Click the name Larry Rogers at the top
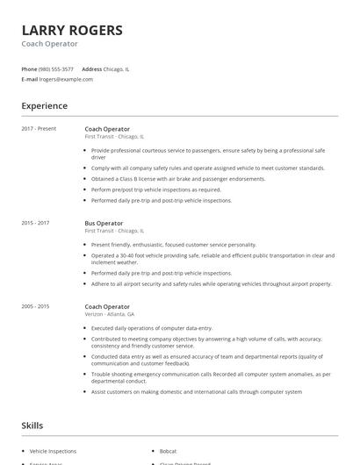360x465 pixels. click(x=72, y=30)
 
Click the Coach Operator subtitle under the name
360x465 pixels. click(x=49, y=44)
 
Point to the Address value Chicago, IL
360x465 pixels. click(x=117, y=68)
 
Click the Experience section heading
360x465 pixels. click(x=45, y=106)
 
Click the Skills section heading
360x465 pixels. click(x=32, y=426)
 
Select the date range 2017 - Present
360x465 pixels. click(x=39, y=129)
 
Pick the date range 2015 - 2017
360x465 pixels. click(x=35, y=224)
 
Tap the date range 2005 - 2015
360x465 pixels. click(x=35, y=307)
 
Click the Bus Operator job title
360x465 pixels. click(x=104, y=224)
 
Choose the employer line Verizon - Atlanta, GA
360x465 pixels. click(x=110, y=314)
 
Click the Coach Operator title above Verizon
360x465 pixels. click(x=107, y=307)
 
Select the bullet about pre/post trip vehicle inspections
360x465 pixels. click(x=156, y=190)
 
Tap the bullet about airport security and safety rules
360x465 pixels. click(x=211, y=284)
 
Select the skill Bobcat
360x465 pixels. click(x=168, y=451)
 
